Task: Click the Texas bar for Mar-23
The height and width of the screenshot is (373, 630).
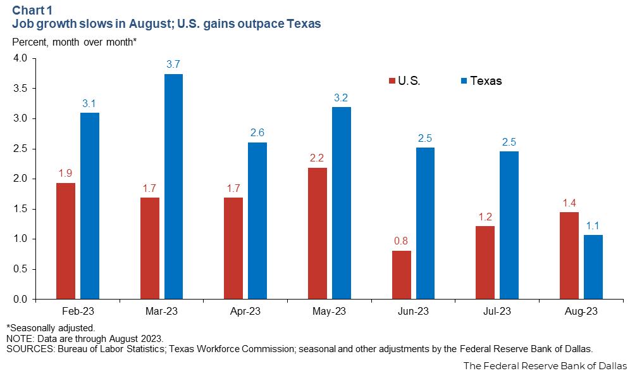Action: [173, 187]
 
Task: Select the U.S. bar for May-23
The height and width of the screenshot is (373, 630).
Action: [317, 234]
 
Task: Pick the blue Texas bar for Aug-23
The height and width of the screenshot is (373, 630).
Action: [593, 267]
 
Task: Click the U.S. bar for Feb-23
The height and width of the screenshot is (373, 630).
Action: [66, 241]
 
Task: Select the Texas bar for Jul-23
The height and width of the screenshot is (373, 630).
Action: [509, 225]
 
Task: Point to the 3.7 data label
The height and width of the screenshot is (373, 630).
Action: [173, 64]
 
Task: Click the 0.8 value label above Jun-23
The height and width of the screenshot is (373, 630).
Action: [401, 241]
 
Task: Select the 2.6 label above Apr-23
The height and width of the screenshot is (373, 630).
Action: [257, 132]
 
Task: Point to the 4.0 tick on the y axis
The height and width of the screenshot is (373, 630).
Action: [20, 58]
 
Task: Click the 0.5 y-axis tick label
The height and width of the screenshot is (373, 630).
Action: [20, 269]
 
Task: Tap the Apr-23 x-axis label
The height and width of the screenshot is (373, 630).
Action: [245, 312]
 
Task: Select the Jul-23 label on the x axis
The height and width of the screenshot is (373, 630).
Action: [497, 312]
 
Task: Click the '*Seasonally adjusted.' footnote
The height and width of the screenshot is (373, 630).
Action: [50, 327]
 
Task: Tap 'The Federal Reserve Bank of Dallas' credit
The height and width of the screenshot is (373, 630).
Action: [545, 365]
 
